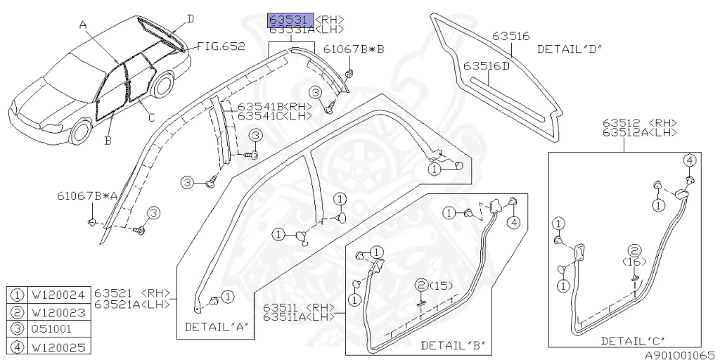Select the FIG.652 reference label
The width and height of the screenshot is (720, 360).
point(221,46)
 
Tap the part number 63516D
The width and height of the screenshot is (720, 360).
point(486,66)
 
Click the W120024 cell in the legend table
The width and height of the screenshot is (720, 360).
point(59,295)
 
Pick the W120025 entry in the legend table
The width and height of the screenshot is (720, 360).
point(59,346)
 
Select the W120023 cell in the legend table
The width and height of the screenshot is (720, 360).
point(59,312)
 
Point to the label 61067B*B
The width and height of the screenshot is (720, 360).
point(354,49)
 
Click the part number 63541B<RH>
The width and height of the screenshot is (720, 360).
point(264,107)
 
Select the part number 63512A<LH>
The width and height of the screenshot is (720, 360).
point(639,131)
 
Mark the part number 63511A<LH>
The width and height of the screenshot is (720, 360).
point(299,317)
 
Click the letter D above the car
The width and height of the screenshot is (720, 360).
point(191,18)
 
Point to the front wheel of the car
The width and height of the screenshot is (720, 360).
point(82,131)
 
